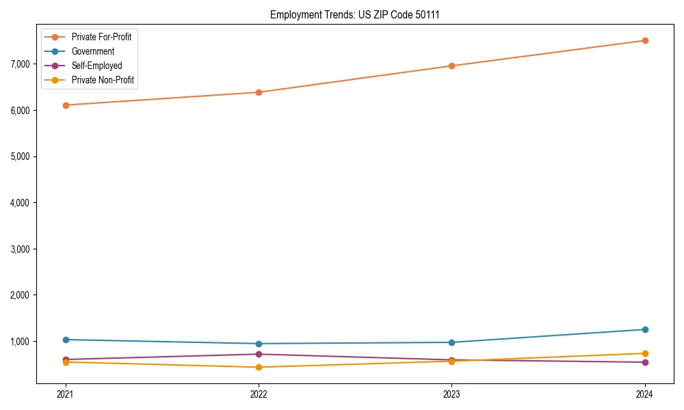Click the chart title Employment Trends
[354, 14]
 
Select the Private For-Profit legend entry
[101, 37]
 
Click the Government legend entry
[93, 51]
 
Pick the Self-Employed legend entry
[96, 66]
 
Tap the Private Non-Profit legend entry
[103, 81]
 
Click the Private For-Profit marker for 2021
[66, 105]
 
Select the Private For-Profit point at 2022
[259, 92]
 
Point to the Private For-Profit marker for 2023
[451, 66]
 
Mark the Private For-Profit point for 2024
[644, 40]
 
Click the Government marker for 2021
[66, 340]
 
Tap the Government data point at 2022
[259, 344]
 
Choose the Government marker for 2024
[644, 329]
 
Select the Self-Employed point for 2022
[259, 354]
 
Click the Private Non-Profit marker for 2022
[259, 368]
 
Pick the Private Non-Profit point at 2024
[644, 353]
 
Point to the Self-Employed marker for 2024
[644, 362]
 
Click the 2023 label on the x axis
[451, 394]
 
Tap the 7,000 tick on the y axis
[20, 64]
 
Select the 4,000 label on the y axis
[20, 203]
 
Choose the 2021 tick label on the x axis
[66, 394]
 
